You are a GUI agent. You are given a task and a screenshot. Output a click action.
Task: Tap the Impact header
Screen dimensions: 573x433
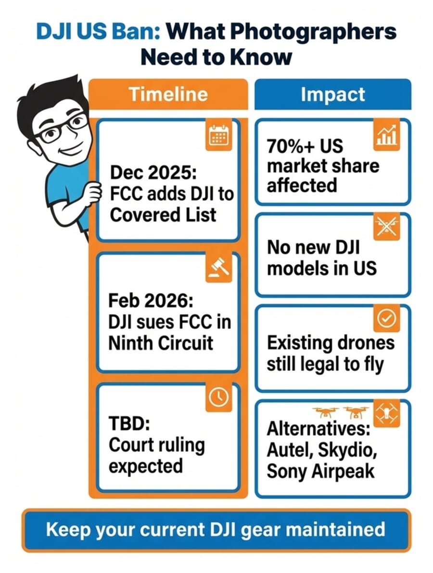coord(332,95)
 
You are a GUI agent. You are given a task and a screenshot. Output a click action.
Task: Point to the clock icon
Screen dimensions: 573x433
coord(219,397)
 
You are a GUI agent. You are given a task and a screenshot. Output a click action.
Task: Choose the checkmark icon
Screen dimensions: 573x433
coord(386,318)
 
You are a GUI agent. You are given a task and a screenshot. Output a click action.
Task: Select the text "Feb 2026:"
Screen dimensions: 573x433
coord(151,302)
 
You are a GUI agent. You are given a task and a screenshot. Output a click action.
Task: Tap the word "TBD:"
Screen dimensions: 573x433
coord(127,425)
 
